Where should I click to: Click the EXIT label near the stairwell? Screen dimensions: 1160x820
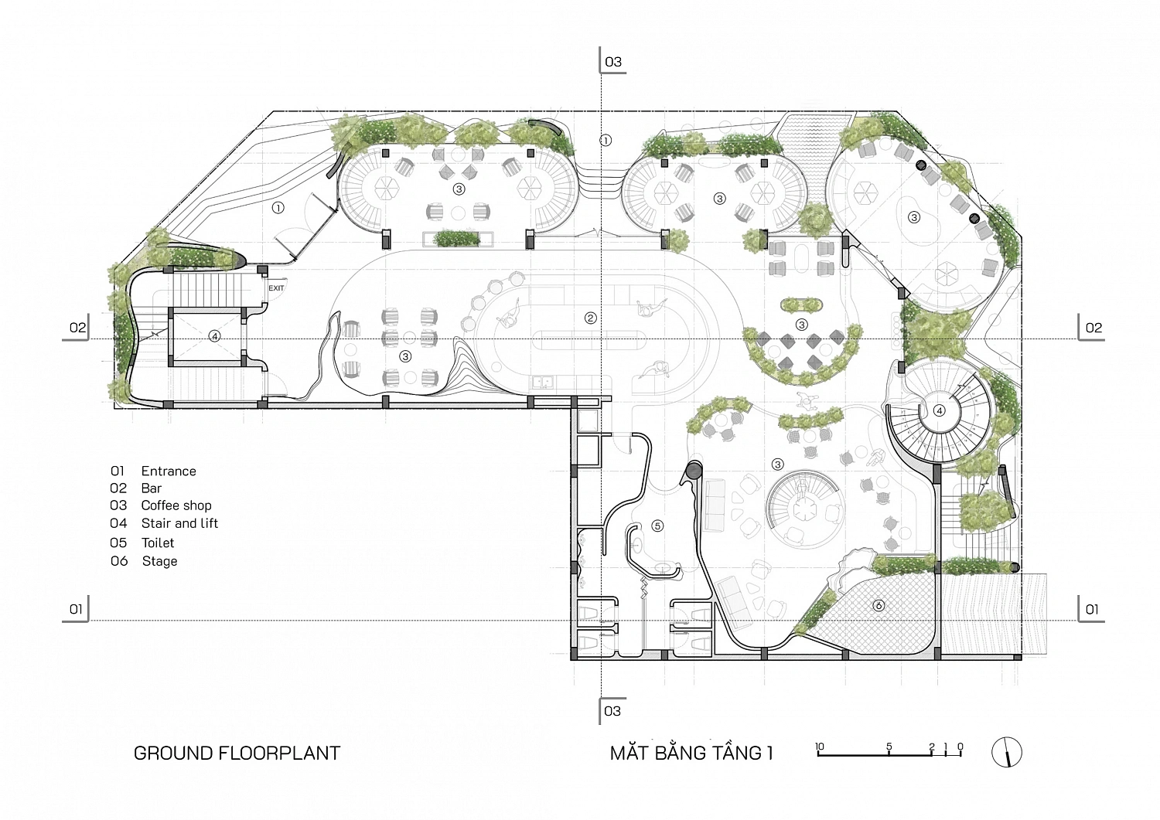(276, 288)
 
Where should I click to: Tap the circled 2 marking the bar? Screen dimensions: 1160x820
(590, 318)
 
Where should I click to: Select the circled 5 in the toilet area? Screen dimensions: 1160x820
(657, 526)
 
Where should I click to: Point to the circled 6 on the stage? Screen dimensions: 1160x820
(879, 605)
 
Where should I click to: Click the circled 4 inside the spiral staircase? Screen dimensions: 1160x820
(940, 410)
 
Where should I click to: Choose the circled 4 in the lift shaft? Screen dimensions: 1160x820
(214, 336)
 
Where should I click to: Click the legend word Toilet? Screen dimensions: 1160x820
(158, 543)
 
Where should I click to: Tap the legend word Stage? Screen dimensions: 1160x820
(159, 561)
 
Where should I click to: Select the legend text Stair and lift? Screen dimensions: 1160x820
(179, 523)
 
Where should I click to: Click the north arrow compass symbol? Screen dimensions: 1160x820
(1007, 752)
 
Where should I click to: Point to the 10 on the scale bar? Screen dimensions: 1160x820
(819, 747)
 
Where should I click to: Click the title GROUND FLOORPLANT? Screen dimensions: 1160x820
(237, 754)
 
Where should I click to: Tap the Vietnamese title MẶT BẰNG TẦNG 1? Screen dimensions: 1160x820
(691, 752)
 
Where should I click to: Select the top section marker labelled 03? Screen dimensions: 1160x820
(612, 62)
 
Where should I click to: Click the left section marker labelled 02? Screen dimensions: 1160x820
(77, 328)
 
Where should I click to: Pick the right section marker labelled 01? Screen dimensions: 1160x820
(1092, 609)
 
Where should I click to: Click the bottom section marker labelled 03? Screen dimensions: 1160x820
(612, 711)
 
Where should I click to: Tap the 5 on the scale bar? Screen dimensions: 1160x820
(889, 747)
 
